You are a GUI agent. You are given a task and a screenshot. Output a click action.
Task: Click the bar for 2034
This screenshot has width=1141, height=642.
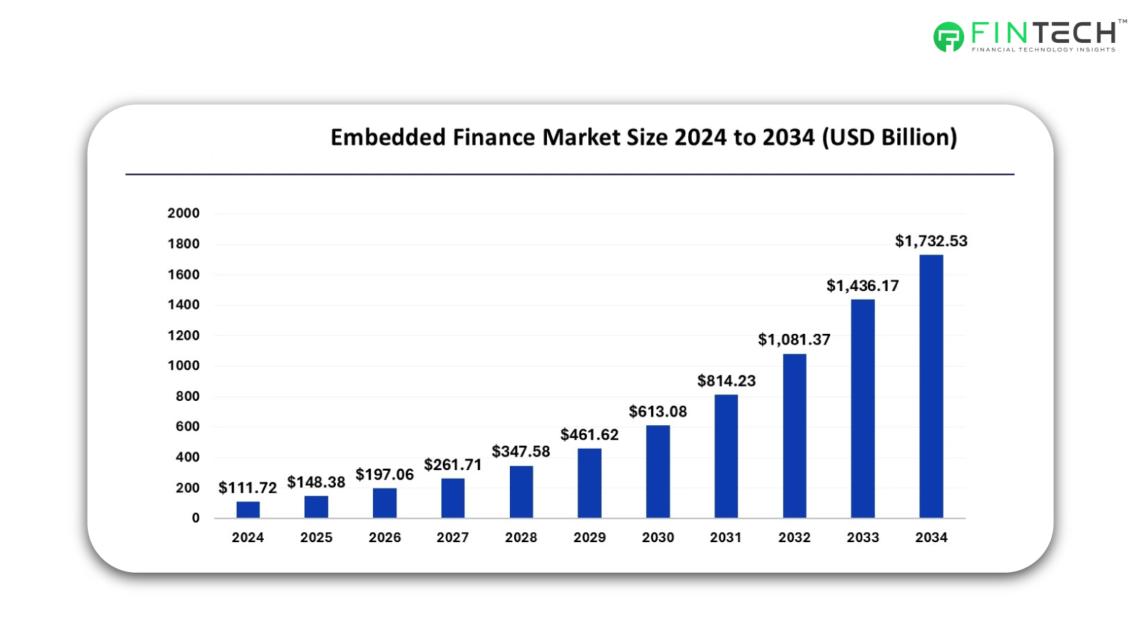coord(931,386)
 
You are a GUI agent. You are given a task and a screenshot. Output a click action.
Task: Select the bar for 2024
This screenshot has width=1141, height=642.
coord(247,509)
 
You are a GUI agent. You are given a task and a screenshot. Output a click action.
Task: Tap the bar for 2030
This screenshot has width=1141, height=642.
coord(658,472)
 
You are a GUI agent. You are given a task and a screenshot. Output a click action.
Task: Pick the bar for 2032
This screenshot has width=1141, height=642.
coord(794,436)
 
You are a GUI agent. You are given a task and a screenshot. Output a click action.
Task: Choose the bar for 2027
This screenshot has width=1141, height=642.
coord(453,498)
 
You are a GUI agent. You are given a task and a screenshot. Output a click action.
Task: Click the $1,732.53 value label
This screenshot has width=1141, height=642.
coord(931,241)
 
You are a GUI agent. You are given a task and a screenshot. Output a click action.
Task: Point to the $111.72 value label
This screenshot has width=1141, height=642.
coord(247,488)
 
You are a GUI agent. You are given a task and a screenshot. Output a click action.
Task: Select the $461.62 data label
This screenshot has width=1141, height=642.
coord(589,435)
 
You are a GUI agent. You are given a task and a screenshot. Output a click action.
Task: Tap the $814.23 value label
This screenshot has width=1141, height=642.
coord(726,381)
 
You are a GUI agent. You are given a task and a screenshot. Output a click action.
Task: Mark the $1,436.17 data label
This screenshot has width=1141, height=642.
coord(862,286)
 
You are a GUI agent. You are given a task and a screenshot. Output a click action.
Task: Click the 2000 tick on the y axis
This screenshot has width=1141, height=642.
coord(183,213)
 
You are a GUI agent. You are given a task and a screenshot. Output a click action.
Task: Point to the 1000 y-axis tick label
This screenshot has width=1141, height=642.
coord(183,366)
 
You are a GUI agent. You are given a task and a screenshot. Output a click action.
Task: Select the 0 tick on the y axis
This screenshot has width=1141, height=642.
coord(195,519)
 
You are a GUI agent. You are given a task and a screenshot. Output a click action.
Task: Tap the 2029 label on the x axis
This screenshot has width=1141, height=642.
coord(589,538)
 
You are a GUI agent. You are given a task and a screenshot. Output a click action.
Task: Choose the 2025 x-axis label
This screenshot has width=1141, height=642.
coord(316,538)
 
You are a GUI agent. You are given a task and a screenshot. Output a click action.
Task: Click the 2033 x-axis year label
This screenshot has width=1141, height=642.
coord(862,538)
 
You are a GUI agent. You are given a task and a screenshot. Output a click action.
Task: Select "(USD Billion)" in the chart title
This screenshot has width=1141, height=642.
coord(889,137)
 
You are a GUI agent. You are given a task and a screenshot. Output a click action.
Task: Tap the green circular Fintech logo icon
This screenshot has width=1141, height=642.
coord(948,37)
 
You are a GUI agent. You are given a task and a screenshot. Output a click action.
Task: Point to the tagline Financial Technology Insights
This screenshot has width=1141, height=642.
coord(1043,50)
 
